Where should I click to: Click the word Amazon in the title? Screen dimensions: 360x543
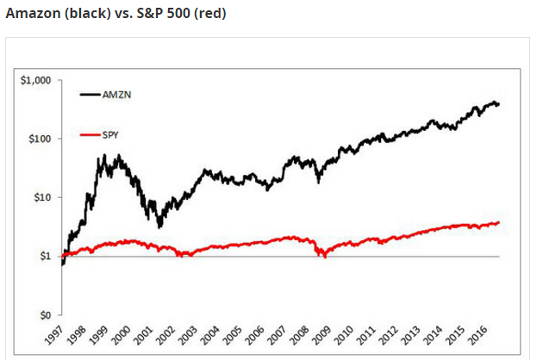(x=31, y=14)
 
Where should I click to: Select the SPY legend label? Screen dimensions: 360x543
(x=110, y=134)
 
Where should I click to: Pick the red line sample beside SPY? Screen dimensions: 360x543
(x=90, y=134)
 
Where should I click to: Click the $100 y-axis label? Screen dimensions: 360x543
(x=39, y=139)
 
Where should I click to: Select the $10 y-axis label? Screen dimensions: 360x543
(x=41, y=197)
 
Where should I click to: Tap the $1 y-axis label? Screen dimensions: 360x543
(x=44, y=256)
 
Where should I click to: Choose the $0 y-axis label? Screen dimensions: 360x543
(x=44, y=314)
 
